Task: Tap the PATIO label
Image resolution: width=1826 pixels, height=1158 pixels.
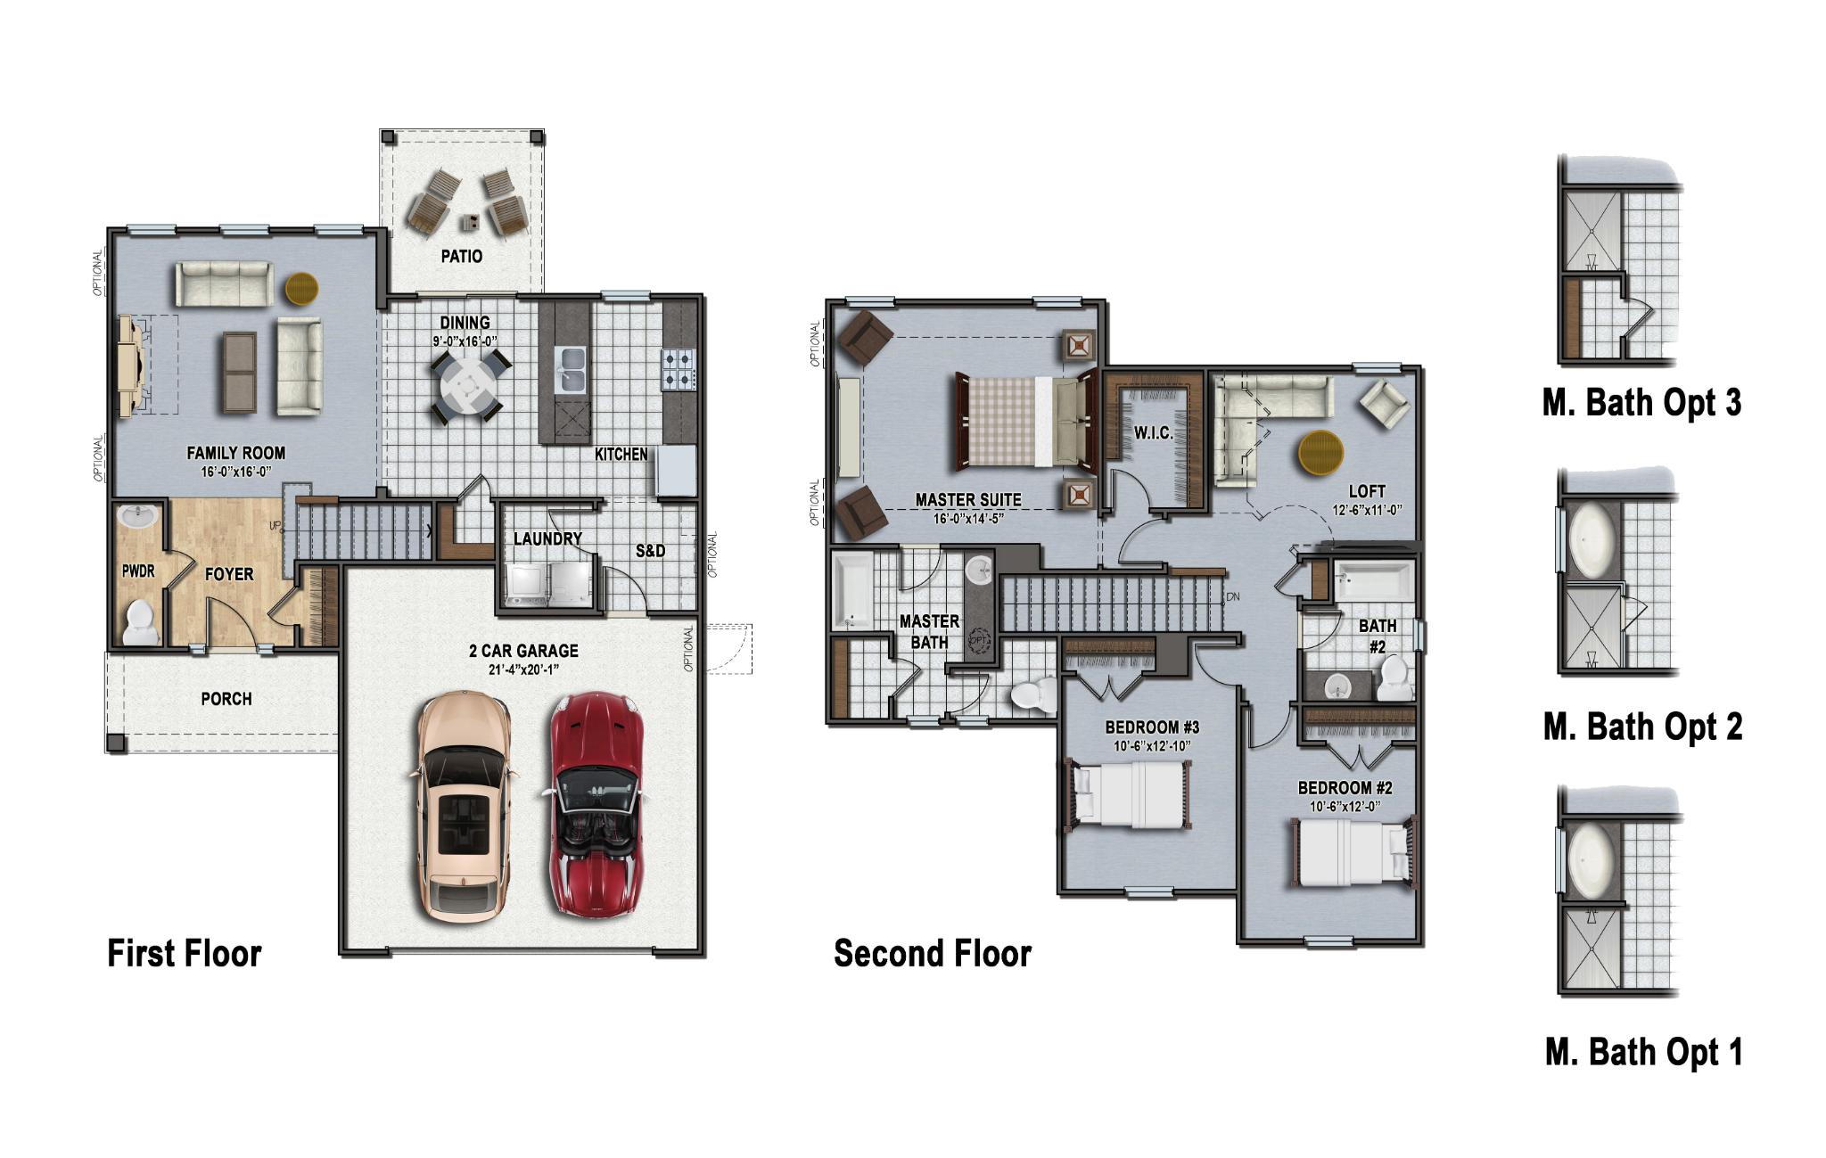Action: tap(462, 257)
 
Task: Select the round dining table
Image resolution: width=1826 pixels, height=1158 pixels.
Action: tap(465, 386)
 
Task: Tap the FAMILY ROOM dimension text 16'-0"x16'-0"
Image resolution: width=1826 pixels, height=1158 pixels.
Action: tap(235, 472)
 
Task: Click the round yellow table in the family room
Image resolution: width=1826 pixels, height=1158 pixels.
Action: tap(301, 288)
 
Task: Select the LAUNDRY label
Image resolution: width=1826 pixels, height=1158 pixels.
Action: tap(547, 539)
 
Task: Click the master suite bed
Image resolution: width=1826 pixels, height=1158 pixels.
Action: tap(1024, 419)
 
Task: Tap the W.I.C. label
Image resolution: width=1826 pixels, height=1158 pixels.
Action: tap(1154, 433)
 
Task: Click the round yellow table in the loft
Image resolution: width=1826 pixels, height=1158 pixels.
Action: tap(1320, 454)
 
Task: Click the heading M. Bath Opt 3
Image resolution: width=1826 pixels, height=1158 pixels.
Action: tap(1641, 403)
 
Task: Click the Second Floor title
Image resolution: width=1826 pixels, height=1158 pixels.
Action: tap(932, 954)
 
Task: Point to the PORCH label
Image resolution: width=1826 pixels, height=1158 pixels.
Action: tap(226, 699)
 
